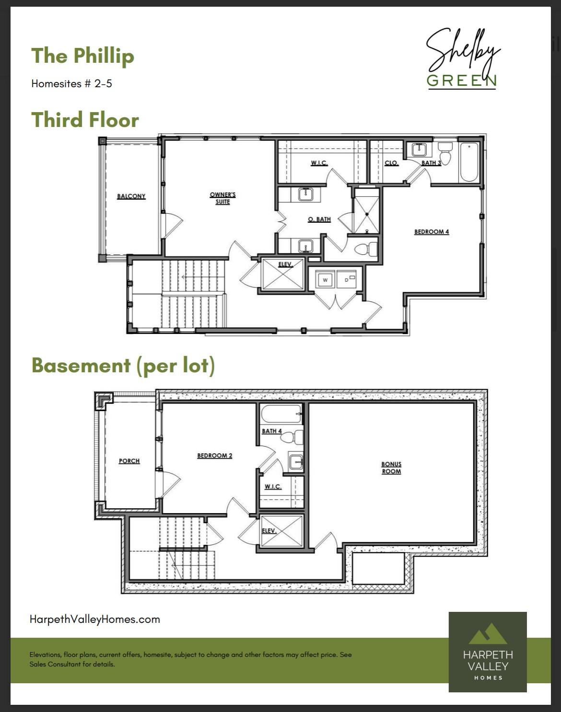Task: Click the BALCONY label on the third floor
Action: pos(131,196)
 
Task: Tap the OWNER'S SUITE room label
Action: pos(222,198)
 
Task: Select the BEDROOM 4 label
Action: pos(432,231)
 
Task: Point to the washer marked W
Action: pos(325,279)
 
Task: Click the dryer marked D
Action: pos(346,279)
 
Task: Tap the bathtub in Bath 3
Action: pos(469,162)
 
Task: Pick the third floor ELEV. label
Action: pos(285,264)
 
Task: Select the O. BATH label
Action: pos(319,219)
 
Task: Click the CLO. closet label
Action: pos(391,163)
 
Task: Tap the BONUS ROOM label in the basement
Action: pos(391,468)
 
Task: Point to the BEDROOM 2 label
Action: pos(215,456)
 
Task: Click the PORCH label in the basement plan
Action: pos(129,461)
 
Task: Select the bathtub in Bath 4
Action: pos(281,413)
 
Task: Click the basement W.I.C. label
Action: pos(273,487)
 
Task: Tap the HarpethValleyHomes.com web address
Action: pos(95,620)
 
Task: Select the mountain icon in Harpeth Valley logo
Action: pos(488,634)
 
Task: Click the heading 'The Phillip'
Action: pos(83,56)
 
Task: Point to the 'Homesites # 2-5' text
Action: pos(71,83)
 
